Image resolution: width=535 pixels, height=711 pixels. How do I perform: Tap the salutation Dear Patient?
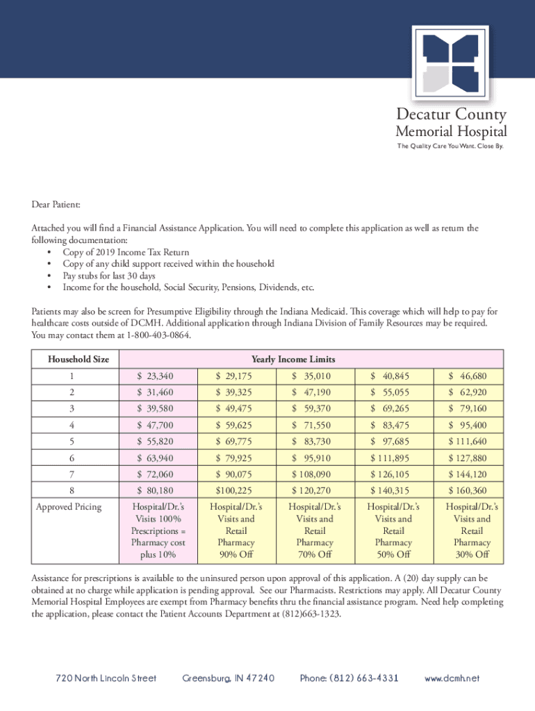tap(56, 206)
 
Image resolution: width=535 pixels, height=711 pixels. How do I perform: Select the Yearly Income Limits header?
tap(293, 360)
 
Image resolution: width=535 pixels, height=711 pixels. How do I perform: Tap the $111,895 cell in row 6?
tap(390, 458)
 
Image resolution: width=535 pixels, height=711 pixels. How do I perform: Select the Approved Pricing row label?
tap(68, 507)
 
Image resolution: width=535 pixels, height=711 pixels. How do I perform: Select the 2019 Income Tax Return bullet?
tap(126, 252)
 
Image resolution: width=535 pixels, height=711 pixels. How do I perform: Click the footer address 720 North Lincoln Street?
tap(106, 678)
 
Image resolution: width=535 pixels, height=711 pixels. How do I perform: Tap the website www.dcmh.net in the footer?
tap(452, 678)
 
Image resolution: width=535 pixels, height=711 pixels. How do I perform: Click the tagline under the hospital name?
tap(450, 147)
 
